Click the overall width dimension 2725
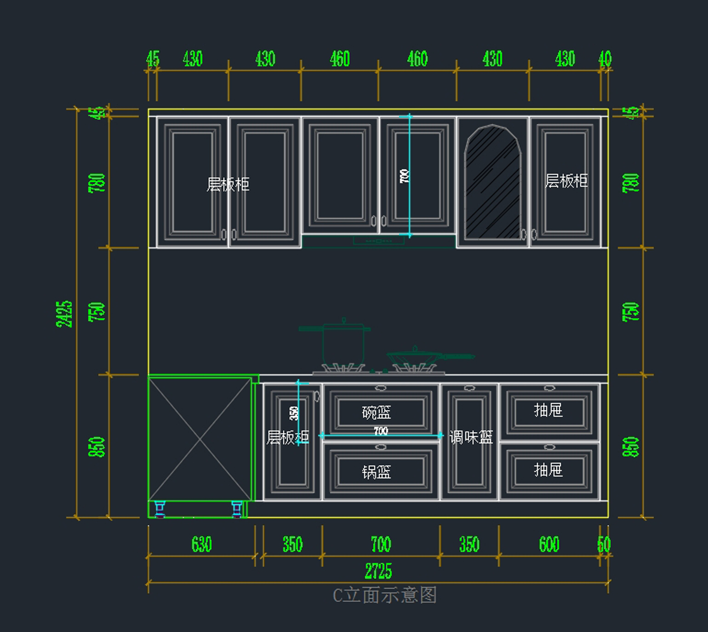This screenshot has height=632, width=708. pos(378,571)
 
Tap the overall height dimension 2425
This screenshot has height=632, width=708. pos(64,313)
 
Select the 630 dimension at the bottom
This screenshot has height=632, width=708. pos(201,544)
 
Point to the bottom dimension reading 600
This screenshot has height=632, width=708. pos(549,544)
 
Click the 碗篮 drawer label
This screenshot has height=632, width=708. pos(376,412)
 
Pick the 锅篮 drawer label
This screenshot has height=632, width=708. pos(376,472)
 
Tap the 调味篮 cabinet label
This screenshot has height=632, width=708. pos(471,437)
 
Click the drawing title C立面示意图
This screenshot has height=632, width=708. pos(385,595)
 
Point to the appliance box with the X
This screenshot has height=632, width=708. pos(200,440)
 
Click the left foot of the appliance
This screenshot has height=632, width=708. pos(159,509)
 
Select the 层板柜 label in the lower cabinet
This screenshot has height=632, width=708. pos(287,437)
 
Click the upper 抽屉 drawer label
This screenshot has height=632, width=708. pos(548,410)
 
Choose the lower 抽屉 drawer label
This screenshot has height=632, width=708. pos(548,470)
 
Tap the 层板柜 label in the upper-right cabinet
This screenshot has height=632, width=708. pos(566,181)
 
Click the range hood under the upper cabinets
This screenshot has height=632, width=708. pos(378,240)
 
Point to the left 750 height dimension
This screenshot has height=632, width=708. pos(97,311)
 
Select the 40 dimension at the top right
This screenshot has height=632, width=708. pos(605,58)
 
